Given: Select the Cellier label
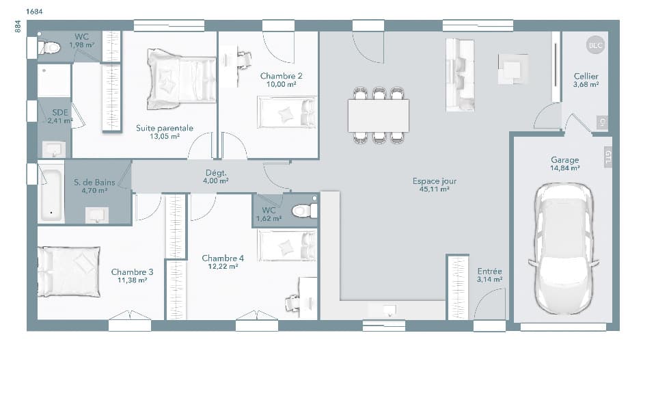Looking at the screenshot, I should tap(586, 77).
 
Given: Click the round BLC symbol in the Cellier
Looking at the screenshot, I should tap(596, 45).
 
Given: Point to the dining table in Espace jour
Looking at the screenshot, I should tap(379, 116).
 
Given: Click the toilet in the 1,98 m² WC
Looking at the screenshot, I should tap(50, 47).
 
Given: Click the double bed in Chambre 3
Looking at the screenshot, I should tap(68, 272).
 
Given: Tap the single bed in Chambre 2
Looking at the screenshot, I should tap(286, 112).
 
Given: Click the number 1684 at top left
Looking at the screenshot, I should tap(34, 12).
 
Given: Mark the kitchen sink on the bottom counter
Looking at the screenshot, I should tap(390, 310).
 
